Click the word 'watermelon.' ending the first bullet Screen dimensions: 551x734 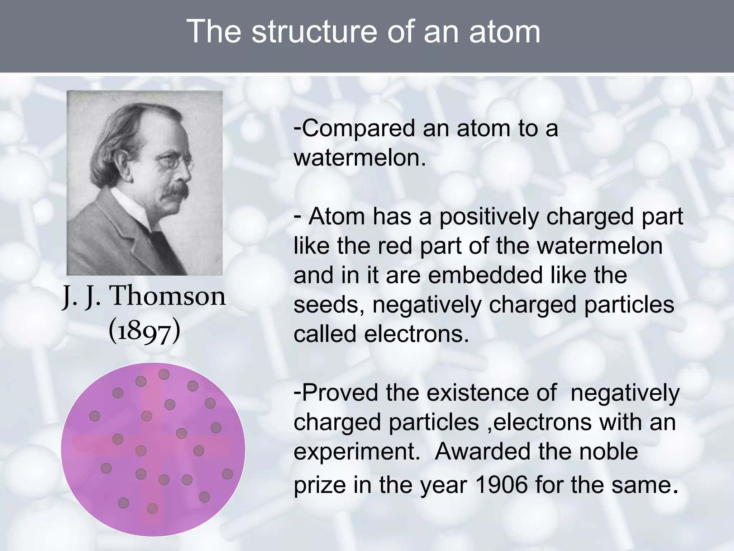coord(360,158)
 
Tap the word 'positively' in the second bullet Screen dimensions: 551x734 coord(489,217)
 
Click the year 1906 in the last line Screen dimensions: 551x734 coord(502,485)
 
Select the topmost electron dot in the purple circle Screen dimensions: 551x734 coord(164,375)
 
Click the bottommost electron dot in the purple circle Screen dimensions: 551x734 coord(152,508)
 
